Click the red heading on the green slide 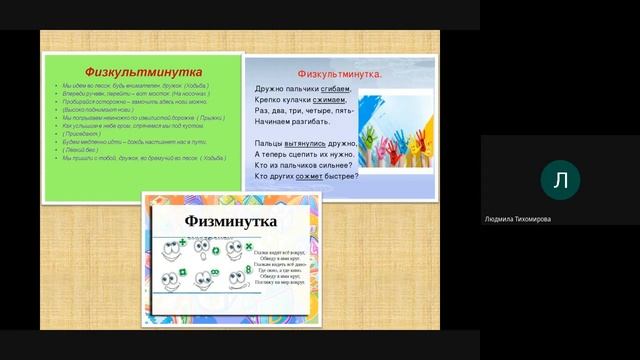144,72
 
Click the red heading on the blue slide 340,74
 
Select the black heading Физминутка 231,220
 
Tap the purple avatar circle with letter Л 560,181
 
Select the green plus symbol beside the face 184,244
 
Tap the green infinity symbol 214,270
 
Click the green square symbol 183,271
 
